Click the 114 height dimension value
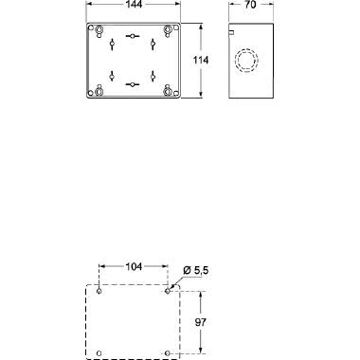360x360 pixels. (x=200, y=61)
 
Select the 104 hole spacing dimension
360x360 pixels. (x=134, y=268)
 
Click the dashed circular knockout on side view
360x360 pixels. (x=247, y=62)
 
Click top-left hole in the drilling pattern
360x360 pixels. (x=99, y=291)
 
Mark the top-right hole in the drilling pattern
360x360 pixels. (x=169, y=291)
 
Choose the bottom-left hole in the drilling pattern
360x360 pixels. (x=99, y=354)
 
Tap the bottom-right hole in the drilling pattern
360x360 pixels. (x=169, y=354)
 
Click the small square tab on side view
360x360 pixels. (x=231, y=32)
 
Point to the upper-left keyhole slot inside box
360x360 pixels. (x=112, y=45)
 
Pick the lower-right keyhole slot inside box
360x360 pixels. (x=153, y=78)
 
